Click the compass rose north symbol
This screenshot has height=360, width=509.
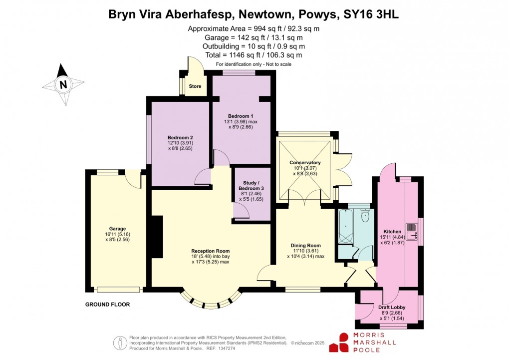(x=63, y=85)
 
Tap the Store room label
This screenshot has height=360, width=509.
(x=195, y=86)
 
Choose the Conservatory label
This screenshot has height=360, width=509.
(x=305, y=163)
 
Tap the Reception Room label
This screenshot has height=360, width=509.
(x=210, y=251)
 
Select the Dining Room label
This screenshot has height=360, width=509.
(x=305, y=246)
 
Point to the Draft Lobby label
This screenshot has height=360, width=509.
(x=392, y=308)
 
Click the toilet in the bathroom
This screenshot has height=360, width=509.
(x=365, y=216)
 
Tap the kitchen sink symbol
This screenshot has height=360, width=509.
(x=412, y=231)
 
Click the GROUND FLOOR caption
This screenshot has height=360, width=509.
(x=108, y=305)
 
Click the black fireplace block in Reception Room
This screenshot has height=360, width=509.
(x=157, y=237)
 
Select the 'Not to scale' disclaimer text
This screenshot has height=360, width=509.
(x=276, y=64)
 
